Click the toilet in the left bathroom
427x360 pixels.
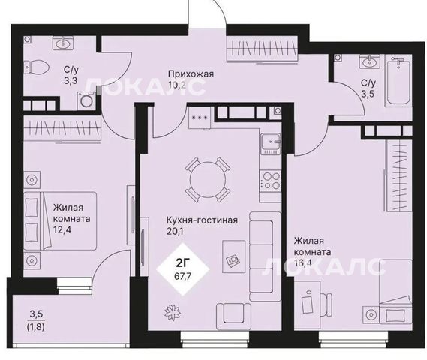tap(36, 66)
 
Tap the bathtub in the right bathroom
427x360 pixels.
tap(398, 82)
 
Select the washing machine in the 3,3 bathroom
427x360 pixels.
tap(86, 101)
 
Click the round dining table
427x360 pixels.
tap(208, 179)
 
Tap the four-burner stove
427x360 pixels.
tap(270, 181)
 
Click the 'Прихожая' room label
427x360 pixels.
tap(191, 73)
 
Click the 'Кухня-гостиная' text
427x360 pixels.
tap(202, 220)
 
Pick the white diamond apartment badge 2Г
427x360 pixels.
tap(183, 268)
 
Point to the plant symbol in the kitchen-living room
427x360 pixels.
tap(173, 311)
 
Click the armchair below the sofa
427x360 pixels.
tap(233, 316)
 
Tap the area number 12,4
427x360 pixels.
tap(62, 230)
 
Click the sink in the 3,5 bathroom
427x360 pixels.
tap(369, 61)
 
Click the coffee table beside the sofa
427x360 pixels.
tap(233, 256)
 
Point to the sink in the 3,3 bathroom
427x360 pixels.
tap(64, 43)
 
